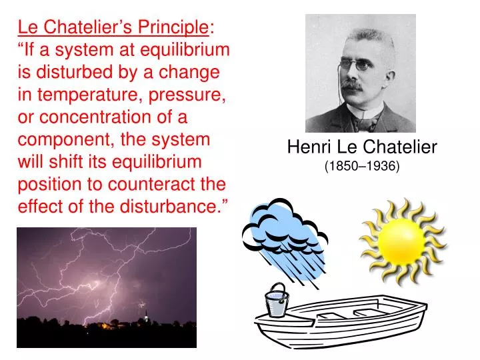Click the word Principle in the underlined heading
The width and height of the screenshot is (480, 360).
point(174,27)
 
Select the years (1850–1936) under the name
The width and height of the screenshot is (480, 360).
point(362,166)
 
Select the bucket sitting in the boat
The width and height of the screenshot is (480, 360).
point(276,303)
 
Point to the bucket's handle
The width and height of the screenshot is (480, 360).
point(277,289)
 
